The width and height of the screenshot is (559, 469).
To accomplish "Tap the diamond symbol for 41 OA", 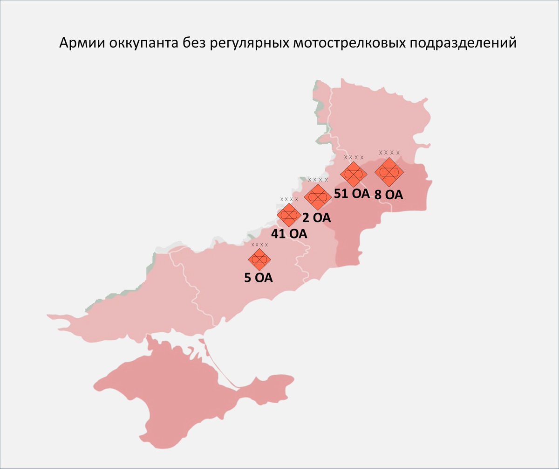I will coord(288,215).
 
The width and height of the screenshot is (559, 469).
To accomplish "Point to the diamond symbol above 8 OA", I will coord(389,172).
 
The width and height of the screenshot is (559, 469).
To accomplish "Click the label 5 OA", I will coord(259,278).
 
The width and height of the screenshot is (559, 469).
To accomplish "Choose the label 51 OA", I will coord(352,193).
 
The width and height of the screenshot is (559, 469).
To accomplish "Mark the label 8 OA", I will coord(388,195).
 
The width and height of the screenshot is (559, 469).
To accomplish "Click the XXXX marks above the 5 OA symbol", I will coord(259,245).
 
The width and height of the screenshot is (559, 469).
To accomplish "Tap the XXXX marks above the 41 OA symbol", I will coord(289,200).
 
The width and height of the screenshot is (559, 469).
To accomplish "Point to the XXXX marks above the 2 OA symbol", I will coord(318,180).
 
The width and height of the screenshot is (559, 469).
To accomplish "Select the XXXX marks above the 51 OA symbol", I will coord(354,158).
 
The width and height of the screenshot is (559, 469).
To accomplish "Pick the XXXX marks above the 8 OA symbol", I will coord(389,153).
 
